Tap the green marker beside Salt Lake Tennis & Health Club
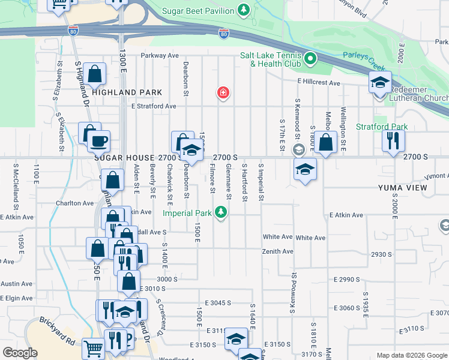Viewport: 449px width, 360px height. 310,59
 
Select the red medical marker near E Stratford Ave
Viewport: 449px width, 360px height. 223,92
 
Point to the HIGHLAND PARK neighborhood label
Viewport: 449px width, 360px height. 127,92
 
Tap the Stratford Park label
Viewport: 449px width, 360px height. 381,127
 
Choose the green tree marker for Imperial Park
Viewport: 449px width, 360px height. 221,212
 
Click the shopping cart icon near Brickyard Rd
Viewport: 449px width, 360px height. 93,347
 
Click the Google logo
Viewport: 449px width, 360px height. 20,353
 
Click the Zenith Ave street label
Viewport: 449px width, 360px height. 278,251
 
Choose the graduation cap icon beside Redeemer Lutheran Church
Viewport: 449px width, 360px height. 379,82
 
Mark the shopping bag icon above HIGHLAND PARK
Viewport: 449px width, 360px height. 95,74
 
